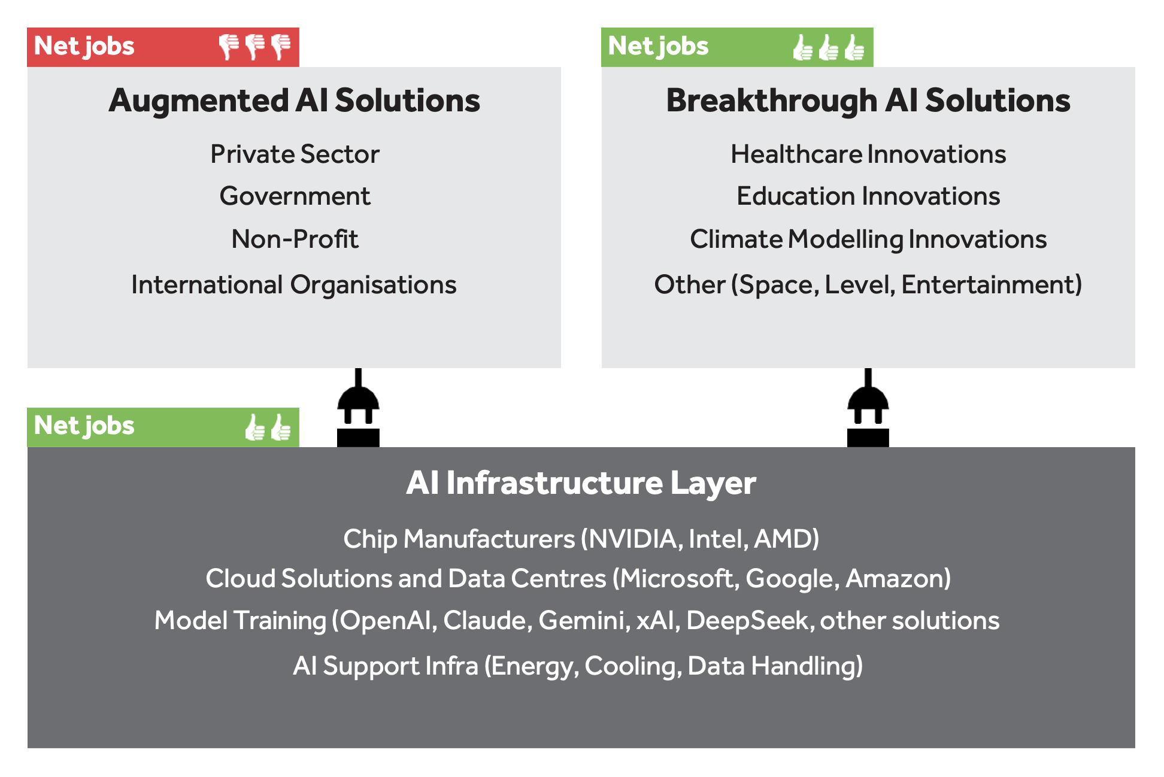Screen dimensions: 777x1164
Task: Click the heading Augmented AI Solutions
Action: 294,101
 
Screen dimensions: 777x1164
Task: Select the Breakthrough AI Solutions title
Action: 868,101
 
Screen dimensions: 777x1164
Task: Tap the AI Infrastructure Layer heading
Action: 581,483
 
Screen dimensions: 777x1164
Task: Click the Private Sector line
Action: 295,154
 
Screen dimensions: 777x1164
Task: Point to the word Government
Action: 295,196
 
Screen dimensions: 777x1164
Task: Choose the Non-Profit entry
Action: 295,239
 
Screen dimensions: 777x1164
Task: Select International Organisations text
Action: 294,285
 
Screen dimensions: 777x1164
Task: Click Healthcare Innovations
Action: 868,154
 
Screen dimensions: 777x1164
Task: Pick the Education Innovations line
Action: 868,196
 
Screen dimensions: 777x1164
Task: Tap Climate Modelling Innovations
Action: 868,239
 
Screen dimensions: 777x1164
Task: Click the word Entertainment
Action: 991,285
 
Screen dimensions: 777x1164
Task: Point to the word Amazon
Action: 896,579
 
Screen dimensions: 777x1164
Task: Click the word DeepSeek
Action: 747,621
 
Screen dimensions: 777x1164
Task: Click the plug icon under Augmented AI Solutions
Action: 358,408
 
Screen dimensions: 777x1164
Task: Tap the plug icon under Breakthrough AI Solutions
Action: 868,408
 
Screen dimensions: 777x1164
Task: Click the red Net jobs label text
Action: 84,47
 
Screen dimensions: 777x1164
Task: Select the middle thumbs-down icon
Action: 255,47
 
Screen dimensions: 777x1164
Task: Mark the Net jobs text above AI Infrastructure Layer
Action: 84,426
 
